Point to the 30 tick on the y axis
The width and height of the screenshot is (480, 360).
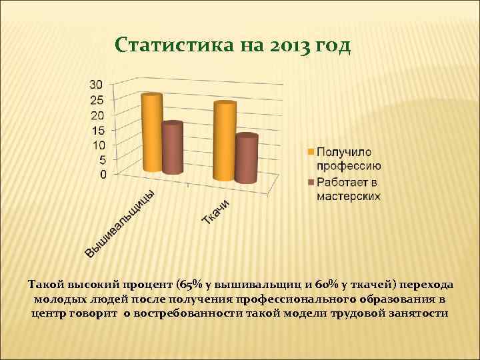click(97, 85)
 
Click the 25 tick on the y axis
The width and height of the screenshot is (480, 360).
click(97, 100)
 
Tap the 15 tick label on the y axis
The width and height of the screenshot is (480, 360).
click(97, 131)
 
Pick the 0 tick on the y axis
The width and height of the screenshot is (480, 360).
click(103, 175)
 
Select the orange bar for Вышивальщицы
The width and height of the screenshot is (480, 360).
click(151, 133)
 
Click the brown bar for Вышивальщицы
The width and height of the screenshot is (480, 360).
click(172, 148)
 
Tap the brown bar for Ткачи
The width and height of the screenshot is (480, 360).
click(247, 159)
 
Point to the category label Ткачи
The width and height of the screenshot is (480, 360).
click(217, 211)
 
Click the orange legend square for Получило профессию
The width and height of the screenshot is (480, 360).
click(310, 153)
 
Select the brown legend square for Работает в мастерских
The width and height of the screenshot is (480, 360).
click(310, 181)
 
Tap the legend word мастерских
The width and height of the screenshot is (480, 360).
click(348, 196)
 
